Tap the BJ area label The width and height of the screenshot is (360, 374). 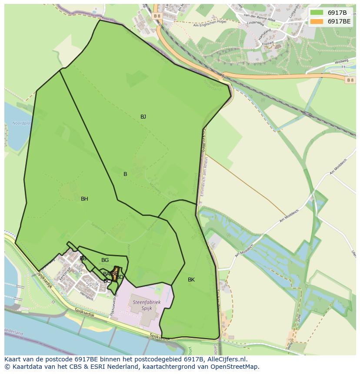point(143,117)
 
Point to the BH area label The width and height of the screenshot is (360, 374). point(84,199)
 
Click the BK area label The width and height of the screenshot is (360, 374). point(191,280)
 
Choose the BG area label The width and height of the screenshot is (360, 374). point(105,260)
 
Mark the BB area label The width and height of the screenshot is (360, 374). point(83,258)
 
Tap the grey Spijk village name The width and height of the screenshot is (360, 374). point(93,284)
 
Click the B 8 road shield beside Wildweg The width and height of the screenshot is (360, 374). point(350,80)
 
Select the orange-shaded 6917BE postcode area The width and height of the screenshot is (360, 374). point(116,273)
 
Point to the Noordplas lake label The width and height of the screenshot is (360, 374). point(22,123)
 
